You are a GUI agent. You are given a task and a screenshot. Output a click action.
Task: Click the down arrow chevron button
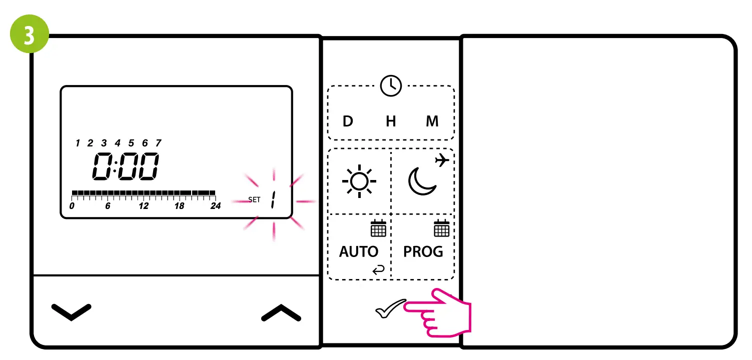click(72, 312)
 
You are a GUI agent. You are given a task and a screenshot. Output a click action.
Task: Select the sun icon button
click(359, 180)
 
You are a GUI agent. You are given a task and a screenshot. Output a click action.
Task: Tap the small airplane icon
click(442, 160)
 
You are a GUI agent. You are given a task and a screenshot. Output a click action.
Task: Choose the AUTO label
click(359, 251)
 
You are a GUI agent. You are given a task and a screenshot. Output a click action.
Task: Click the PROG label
click(423, 251)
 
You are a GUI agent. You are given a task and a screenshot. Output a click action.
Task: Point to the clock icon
click(391, 86)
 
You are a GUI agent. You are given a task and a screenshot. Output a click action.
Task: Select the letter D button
click(348, 121)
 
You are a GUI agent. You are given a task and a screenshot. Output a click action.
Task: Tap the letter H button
click(391, 121)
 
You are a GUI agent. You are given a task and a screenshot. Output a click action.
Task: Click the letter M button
click(432, 121)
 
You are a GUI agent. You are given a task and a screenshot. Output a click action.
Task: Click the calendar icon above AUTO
click(378, 228)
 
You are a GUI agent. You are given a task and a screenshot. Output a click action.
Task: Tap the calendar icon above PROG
click(441, 228)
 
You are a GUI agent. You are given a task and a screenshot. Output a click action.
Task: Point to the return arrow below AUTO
click(379, 270)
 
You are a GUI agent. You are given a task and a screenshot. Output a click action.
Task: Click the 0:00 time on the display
click(126, 166)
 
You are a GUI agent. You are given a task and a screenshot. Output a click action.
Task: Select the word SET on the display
click(254, 200)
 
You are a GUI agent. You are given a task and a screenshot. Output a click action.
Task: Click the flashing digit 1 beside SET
click(273, 200)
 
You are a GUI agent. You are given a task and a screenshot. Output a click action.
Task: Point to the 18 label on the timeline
click(179, 206)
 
